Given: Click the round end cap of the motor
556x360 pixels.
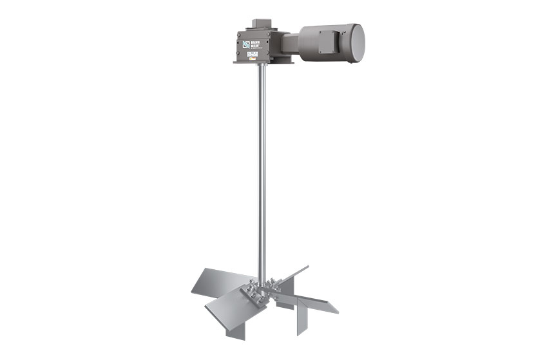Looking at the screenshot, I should [356, 39].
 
